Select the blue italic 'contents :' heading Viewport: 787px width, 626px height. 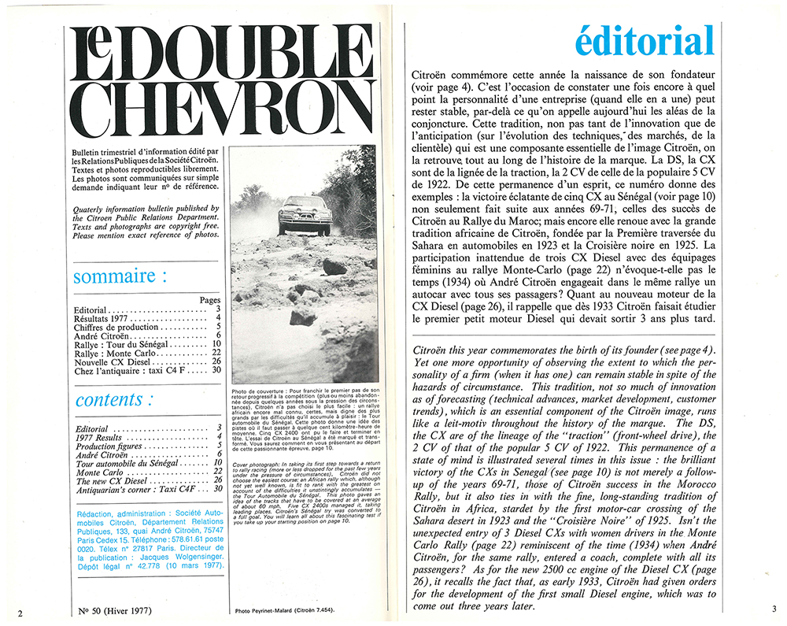pyautogui.click(x=109, y=399)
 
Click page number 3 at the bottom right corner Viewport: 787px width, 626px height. pyautogui.click(x=773, y=609)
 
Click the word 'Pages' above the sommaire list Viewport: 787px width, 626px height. pyautogui.click(x=210, y=300)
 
